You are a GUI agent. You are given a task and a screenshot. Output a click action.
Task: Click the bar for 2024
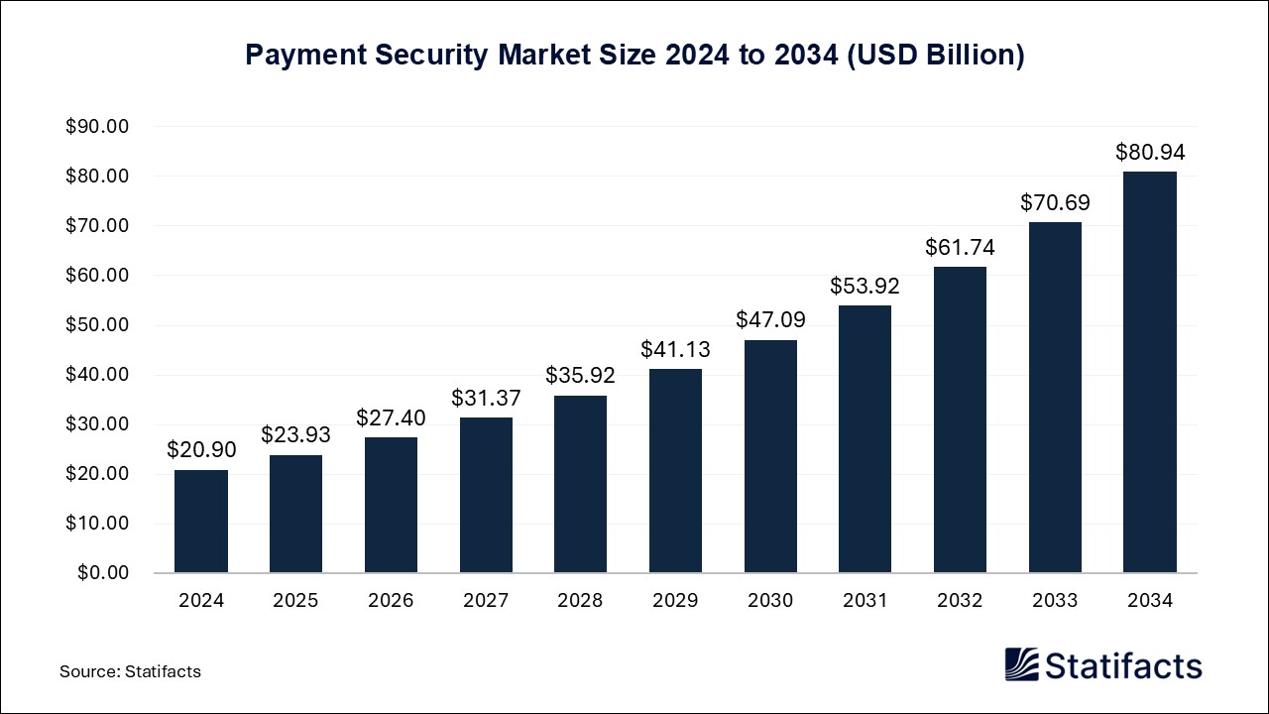click(x=201, y=521)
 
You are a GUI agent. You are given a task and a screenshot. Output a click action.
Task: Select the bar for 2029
click(x=675, y=471)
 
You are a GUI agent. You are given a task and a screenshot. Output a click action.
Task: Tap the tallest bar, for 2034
click(x=1150, y=372)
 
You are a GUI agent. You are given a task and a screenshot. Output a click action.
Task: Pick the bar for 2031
click(x=865, y=438)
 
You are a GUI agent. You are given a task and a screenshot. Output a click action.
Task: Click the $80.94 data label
click(x=1150, y=153)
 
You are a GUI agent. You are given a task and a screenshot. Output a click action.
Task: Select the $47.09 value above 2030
click(x=770, y=320)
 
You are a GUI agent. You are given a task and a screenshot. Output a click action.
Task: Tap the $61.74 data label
click(x=960, y=248)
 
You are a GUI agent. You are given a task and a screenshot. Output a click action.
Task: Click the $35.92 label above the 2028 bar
click(x=580, y=376)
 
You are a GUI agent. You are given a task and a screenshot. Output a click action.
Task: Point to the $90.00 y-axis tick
click(x=97, y=127)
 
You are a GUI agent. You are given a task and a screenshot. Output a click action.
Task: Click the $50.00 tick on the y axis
click(x=97, y=325)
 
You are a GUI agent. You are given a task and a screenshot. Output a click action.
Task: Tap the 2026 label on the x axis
click(x=391, y=601)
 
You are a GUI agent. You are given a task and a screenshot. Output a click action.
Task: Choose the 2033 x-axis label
click(x=1055, y=601)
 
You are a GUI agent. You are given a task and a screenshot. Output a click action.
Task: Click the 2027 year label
click(x=486, y=601)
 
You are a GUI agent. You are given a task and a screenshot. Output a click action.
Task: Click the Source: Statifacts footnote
click(x=130, y=671)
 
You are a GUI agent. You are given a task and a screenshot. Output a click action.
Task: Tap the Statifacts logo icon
click(x=1022, y=664)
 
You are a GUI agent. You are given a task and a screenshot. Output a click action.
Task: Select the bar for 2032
click(x=960, y=418)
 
